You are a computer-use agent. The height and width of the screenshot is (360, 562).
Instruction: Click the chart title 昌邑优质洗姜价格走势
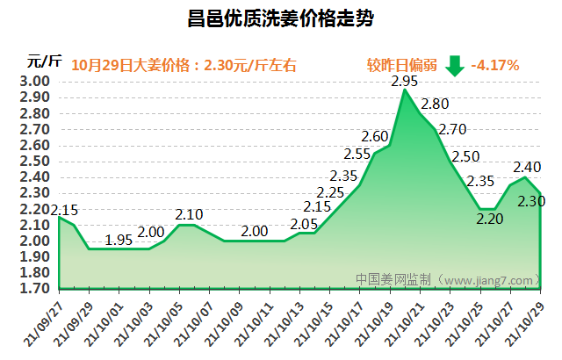281,18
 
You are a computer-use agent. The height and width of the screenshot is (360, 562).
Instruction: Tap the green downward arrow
454,65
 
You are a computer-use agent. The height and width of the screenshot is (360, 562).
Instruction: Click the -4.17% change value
495,65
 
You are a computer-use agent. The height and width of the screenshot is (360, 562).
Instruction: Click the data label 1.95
119,240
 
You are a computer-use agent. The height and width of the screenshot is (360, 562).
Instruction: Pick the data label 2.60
375,136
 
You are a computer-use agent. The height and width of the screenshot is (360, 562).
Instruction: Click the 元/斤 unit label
44,61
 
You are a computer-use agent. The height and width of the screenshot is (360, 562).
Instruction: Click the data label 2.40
526,168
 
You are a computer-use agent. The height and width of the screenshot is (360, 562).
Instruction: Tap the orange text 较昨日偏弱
401,65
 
